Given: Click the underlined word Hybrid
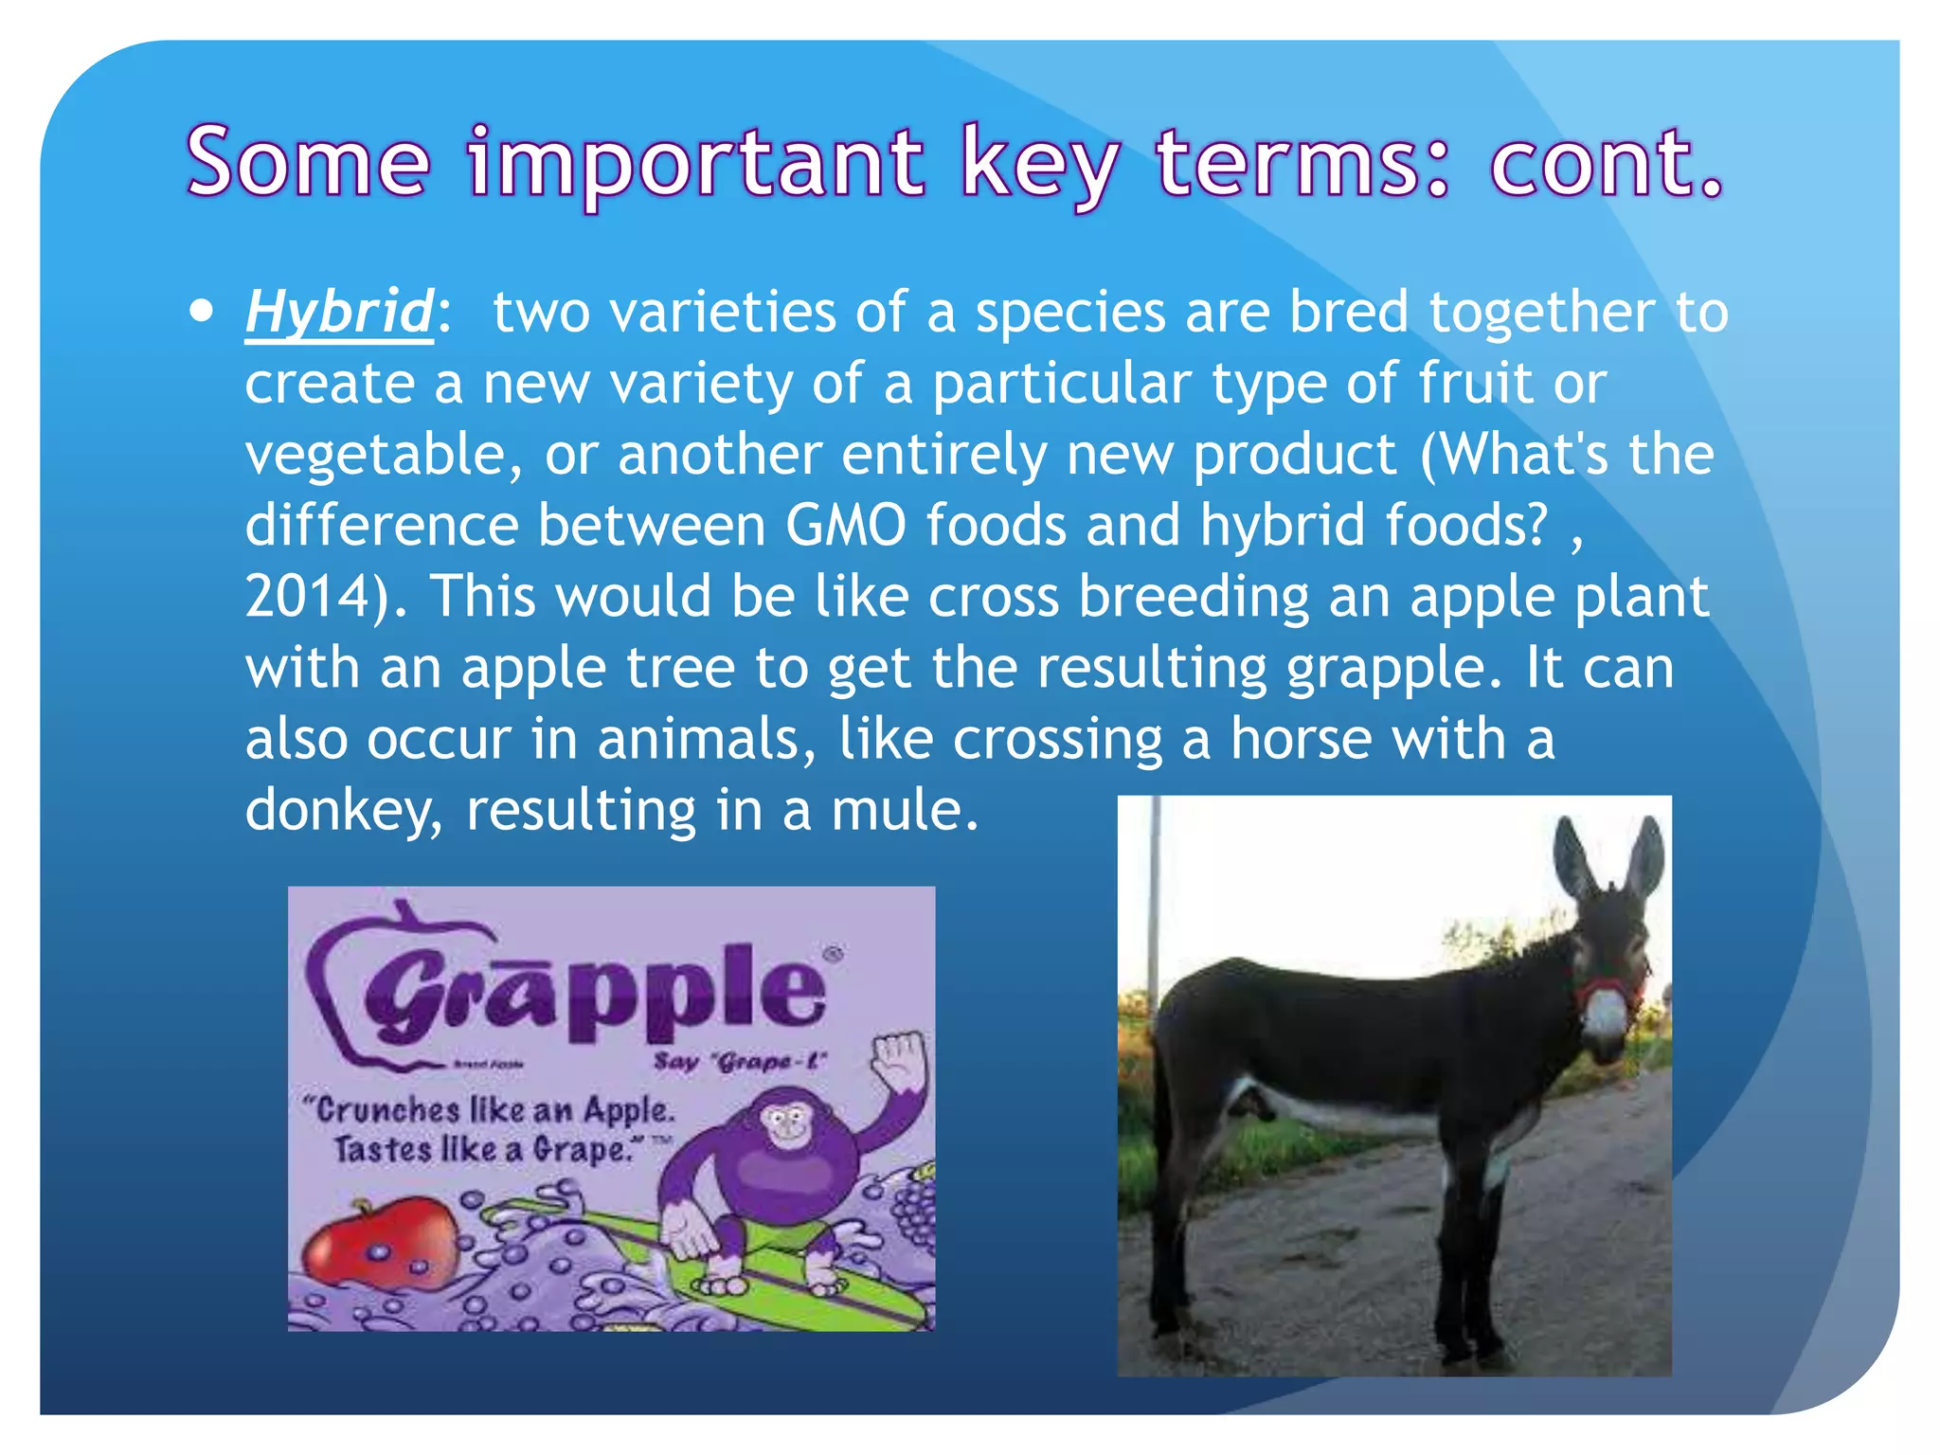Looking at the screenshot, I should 338,312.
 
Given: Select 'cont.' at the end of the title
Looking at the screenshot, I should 1605,163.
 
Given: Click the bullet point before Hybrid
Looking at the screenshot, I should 201,312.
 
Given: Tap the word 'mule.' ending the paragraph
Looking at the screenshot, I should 904,811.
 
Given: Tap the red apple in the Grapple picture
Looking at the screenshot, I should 380,1245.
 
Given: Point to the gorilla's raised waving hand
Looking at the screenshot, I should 898,1061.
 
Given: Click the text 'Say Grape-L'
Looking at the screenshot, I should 740,1062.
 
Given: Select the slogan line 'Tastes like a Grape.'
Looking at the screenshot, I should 483,1150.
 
